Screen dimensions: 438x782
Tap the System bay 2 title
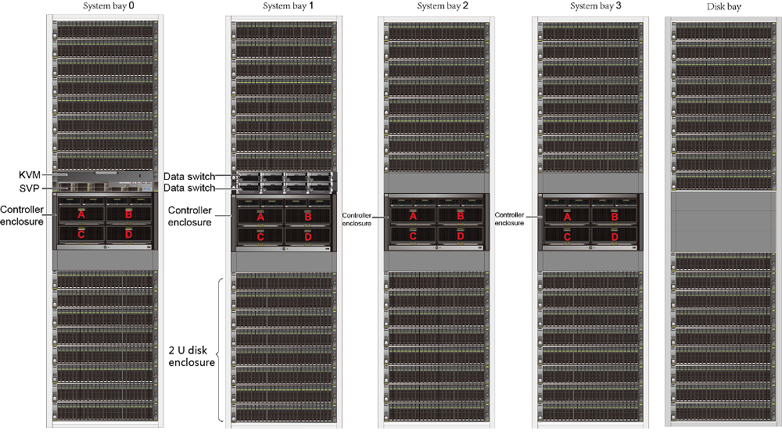(443, 6)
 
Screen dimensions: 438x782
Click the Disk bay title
(723, 7)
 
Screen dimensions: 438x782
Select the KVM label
(30, 174)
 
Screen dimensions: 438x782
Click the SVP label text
(30, 188)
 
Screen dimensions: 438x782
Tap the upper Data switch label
(189, 177)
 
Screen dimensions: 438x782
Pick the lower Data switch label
(189, 188)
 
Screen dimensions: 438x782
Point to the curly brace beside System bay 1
(221, 350)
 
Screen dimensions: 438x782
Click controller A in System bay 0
(81, 214)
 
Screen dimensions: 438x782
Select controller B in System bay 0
(128, 214)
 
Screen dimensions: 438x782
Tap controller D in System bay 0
(128, 233)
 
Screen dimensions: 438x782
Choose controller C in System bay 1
(261, 236)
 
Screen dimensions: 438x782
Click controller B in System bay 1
(308, 217)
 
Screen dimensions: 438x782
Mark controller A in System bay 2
(414, 216)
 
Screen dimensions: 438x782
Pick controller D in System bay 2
(460, 235)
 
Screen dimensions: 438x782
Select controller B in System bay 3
(615, 217)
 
